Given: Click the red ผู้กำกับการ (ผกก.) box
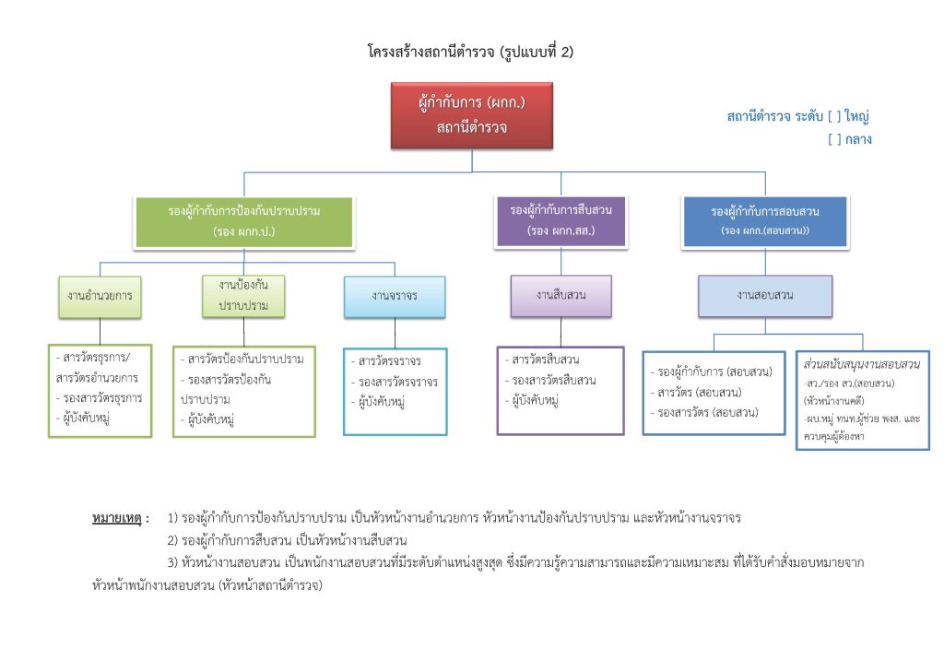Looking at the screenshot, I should [471, 114].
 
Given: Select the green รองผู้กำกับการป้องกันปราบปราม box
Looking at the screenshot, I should [243, 221].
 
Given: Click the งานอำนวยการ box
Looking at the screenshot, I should [100, 296].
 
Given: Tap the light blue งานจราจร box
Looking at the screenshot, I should [395, 296].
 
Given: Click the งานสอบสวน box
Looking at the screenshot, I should [765, 296].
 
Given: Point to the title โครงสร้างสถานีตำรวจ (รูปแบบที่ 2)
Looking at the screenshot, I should [471, 53].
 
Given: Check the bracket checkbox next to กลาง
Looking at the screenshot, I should [834, 140].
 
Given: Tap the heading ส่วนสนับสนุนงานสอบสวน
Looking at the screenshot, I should [863, 364].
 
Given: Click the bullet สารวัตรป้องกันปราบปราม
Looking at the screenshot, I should [245, 359].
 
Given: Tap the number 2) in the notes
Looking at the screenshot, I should [173, 539].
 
